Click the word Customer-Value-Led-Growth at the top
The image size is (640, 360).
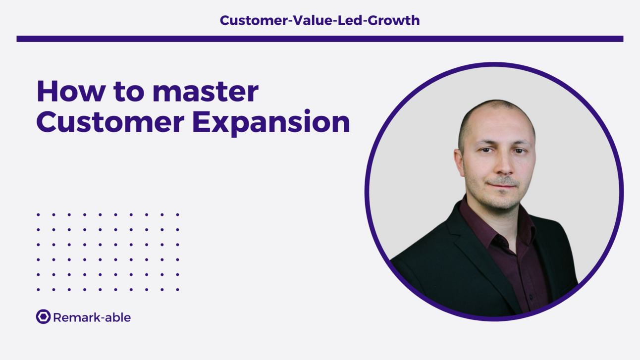320,20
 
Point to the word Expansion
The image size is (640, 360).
271,123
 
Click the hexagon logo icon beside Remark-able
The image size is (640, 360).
43,317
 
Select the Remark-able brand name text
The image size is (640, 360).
92,317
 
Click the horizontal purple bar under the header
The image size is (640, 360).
320,39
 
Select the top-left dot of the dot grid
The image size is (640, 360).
38,215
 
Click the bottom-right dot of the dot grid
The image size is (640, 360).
178,290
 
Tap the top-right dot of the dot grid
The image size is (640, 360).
178,215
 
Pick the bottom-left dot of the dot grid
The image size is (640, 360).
38,290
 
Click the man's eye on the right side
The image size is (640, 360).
519,150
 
